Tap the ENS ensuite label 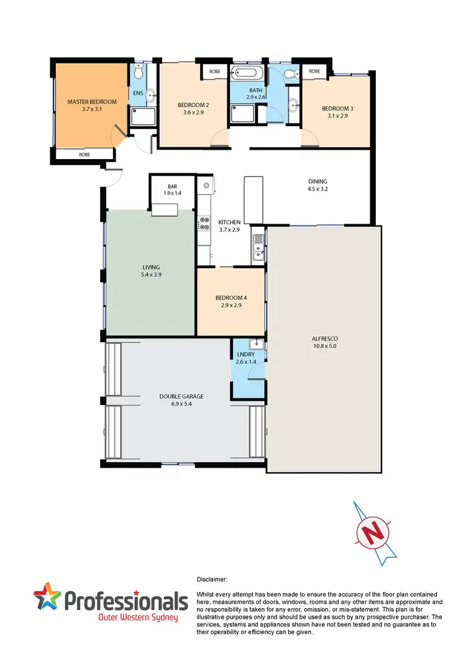[x=137, y=94]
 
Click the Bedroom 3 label [x=336, y=107]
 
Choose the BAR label [x=172, y=186]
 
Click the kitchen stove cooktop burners [x=203, y=224]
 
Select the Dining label [x=318, y=181]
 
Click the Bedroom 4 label [x=231, y=298]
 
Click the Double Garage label [x=181, y=396]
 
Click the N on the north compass [x=373, y=532]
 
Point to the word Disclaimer [x=211, y=579]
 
